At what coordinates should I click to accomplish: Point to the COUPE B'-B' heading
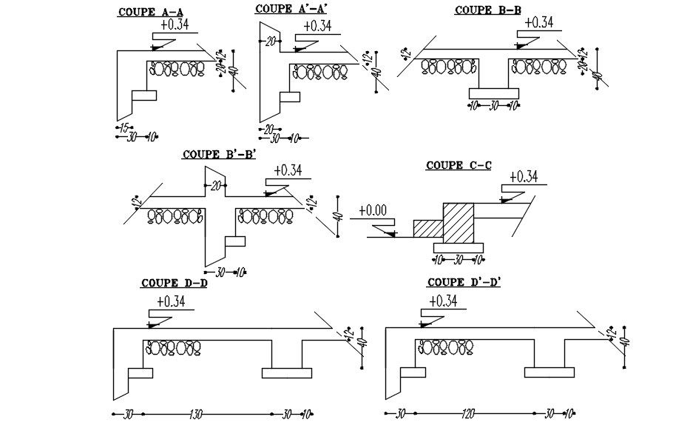click(219, 154)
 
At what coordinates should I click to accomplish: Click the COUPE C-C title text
click(458, 165)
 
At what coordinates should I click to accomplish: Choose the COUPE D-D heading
click(174, 283)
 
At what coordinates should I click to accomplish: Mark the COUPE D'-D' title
click(465, 282)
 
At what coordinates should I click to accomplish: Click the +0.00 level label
click(373, 210)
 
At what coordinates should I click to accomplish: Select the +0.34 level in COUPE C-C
click(523, 175)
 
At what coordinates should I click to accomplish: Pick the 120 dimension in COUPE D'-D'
click(467, 415)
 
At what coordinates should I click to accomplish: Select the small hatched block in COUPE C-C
click(427, 228)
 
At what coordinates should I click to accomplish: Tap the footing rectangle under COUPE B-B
click(494, 93)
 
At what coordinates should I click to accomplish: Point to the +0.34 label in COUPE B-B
click(538, 22)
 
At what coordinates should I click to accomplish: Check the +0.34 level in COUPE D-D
click(172, 301)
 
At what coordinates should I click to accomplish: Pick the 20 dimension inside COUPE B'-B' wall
click(215, 186)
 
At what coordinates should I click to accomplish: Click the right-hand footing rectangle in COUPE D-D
click(291, 372)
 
